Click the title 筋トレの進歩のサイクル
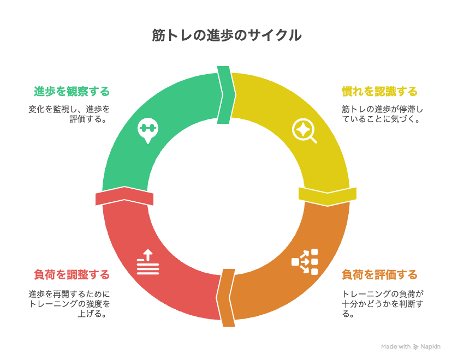(x=227, y=35)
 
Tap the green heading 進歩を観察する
(x=72, y=91)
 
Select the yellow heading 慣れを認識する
(x=379, y=91)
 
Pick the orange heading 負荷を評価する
(x=379, y=274)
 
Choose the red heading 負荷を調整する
(x=72, y=274)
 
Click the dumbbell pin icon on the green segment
(x=148, y=130)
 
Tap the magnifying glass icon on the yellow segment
(x=305, y=131)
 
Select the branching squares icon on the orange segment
(x=305, y=261)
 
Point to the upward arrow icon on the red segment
(x=148, y=262)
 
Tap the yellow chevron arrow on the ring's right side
(x=328, y=197)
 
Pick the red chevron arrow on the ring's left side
(x=124, y=196)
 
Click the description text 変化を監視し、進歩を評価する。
(x=69, y=114)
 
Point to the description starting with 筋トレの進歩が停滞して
(x=383, y=114)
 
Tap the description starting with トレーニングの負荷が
(x=383, y=304)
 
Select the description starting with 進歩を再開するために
(x=69, y=304)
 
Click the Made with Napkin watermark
(x=411, y=347)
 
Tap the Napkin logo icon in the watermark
(x=415, y=347)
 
